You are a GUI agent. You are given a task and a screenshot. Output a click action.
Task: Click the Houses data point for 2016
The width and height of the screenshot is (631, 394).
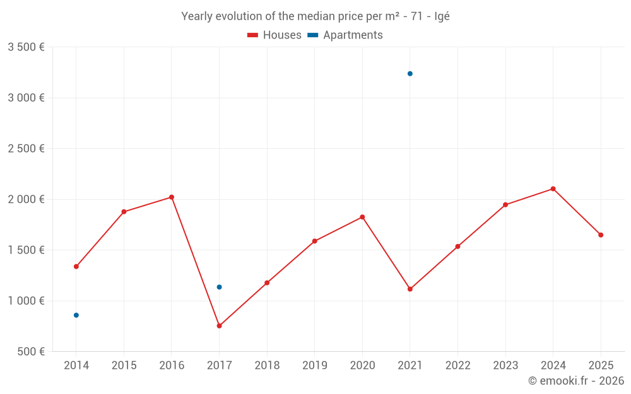pyautogui.click(x=172, y=197)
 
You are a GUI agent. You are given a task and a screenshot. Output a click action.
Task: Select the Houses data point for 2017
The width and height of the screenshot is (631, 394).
pyautogui.click(x=219, y=326)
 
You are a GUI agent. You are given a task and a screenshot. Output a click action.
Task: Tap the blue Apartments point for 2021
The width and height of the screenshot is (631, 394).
pyautogui.click(x=410, y=74)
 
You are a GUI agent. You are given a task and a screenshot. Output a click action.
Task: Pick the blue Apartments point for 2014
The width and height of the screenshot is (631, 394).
pyautogui.click(x=76, y=315)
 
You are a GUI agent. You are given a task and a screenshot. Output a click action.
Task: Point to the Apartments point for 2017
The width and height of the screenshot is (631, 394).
pyautogui.click(x=219, y=287)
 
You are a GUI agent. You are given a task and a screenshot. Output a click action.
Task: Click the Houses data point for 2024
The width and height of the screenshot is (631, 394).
pyautogui.click(x=553, y=188)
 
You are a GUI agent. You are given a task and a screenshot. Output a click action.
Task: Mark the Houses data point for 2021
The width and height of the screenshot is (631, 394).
pyautogui.click(x=410, y=289)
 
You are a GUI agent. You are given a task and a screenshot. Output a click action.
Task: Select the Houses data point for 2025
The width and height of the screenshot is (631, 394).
pyautogui.click(x=601, y=235)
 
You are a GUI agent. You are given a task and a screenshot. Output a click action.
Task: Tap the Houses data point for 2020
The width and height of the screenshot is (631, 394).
pyautogui.click(x=362, y=217)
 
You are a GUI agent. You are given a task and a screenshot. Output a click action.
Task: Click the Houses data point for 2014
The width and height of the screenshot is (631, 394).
pyautogui.click(x=76, y=267)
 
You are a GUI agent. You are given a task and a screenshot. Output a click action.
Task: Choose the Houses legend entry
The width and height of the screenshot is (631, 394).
pyautogui.click(x=274, y=35)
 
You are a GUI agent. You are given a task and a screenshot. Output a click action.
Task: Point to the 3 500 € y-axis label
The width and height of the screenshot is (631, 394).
pyautogui.click(x=26, y=47)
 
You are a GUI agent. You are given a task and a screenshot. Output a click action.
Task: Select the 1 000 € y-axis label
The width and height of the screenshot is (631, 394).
pyautogui.click(x=26, y=301)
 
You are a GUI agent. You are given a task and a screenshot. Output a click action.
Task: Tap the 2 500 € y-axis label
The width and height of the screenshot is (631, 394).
pyautogui.click(x=26, y=149)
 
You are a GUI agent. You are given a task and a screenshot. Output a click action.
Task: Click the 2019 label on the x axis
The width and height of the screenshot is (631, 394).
pyautogui.click(x=314, y=366)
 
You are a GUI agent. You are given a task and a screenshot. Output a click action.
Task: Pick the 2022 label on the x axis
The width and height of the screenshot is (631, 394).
pyautogui.click(x=457, y=366)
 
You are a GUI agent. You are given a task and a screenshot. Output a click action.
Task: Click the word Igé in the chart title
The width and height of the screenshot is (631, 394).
pyautogui.click(x=442, y=16)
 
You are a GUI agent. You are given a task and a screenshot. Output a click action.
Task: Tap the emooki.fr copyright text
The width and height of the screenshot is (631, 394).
pyautogui.click(x=576, y=381)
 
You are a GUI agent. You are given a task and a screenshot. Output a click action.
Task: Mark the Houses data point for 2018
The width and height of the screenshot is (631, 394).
pyautogui.click(x=267, y=283)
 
